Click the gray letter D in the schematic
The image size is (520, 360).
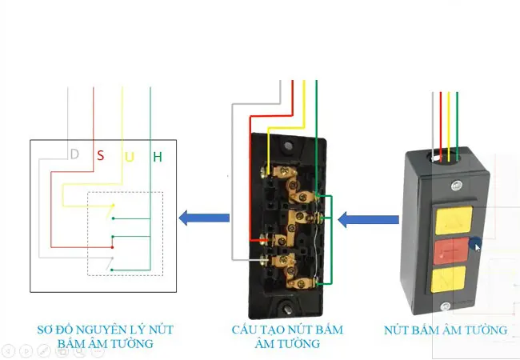pyautogui.click(x=74, y=154)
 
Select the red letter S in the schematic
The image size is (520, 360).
pyautogui.click(x=101, y=155)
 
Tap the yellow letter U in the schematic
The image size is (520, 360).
pyautogui.click(x=130, y=157)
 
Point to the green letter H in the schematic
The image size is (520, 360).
pyautogui.click(x=158, y=157)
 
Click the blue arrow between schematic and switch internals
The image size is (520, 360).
pyautogui.click(x=204, y=218)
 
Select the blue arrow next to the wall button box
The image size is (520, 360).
pyautogui.click(x=368, y=219)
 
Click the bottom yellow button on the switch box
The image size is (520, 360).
pyautogui.click(x=448, y=279)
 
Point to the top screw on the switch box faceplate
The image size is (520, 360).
pyautogui.click(x=457, y=186)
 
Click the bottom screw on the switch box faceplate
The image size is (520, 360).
pyautogui.click(x=446, y=306)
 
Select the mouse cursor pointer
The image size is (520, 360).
pyautogui.click(x=478, y=248)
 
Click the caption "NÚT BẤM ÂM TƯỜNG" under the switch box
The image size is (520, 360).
pyautogui.click(x=446, y=330)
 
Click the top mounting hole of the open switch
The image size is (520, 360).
pyautogui.click(x=288, y=146)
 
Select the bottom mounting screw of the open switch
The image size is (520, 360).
pyautogui.click(x=287, y=310)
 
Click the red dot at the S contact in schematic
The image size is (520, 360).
pyautogui.click(x=113, y=247)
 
